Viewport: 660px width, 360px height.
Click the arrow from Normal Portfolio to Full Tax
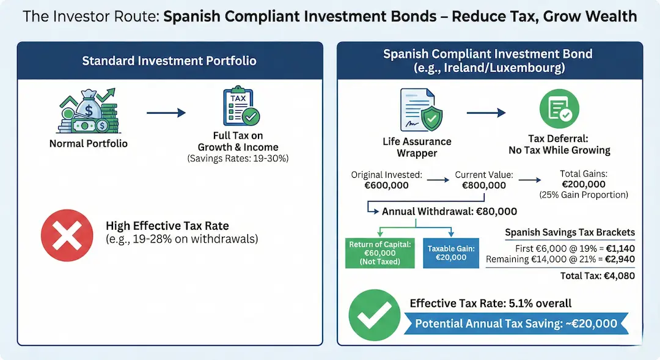(165, 112)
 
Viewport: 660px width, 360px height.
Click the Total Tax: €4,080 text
(598, 276)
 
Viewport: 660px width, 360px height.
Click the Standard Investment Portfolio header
(169, 61)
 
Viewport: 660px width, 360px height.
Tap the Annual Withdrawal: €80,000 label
(449, 211)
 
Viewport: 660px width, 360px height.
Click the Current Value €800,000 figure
(484, 185)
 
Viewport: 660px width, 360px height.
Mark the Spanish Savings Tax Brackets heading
(570, 232)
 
